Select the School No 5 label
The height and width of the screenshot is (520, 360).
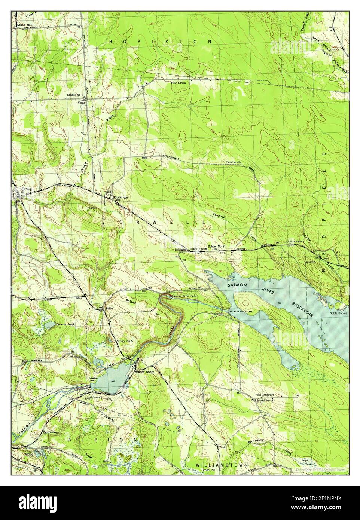click(125, 341)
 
